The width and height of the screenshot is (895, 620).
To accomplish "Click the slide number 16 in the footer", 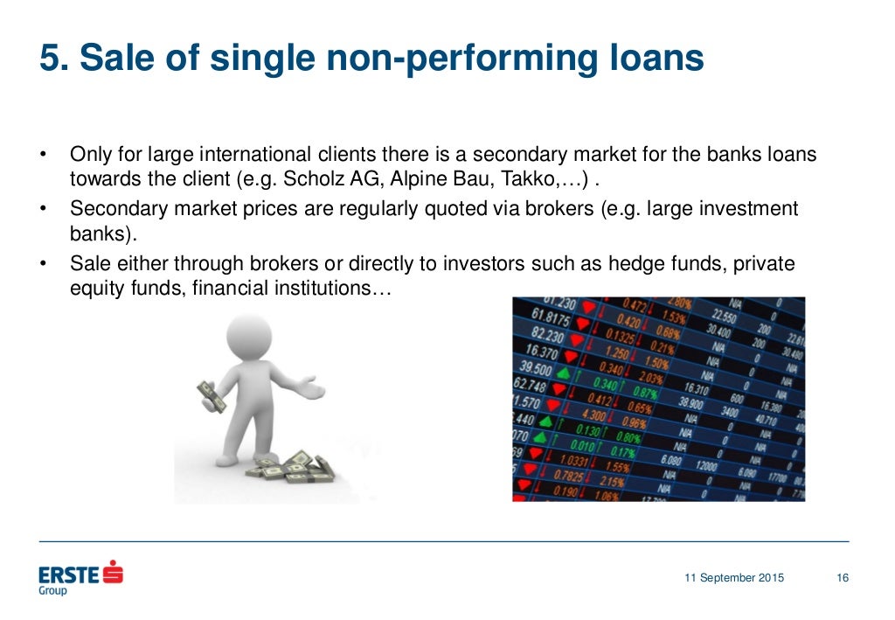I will [x=842, y=578].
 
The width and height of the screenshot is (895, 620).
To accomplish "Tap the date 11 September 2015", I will [x=734, y=578].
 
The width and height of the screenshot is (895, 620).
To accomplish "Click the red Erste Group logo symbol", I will [x=113, y=574].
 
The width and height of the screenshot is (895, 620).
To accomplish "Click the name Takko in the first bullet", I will [x=538, y=181].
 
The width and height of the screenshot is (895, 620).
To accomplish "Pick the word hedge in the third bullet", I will [x=638, y=263].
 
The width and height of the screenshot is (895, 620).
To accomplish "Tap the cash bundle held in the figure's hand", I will [x=210, y=395].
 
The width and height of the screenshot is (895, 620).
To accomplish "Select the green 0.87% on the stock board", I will [x=646, y=393].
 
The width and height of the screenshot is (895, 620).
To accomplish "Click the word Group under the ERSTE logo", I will [x=52, y=591].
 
